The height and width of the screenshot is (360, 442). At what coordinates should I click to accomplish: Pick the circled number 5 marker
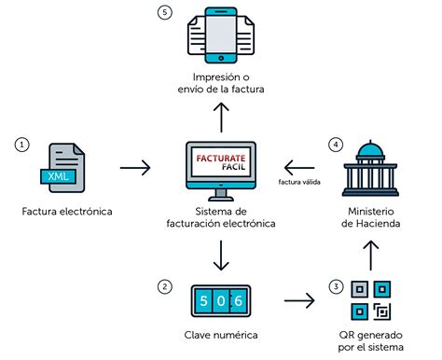[165, 14]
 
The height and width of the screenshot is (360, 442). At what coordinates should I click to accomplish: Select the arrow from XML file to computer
[135, 168]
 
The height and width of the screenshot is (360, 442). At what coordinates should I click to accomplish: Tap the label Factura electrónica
[67, 212]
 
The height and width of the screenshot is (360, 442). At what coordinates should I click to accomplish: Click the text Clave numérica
[222, 335]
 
